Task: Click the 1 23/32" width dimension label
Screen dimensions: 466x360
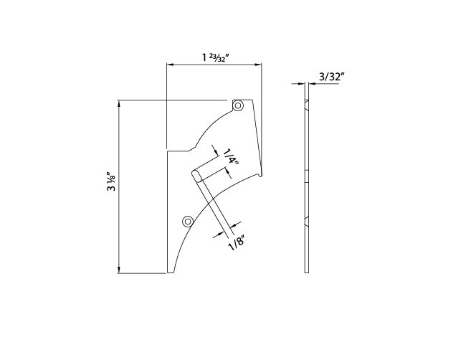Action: (x=215, y=57)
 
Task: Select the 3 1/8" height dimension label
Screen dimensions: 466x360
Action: (x=111, y=181)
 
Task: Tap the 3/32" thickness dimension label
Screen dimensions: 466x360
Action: (x=332, y=77)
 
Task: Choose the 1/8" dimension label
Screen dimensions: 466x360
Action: (x=237, y=243)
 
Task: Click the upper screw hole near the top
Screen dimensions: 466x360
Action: (x=237, y=105)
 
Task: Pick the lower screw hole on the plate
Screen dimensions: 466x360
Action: (x=188, y=221)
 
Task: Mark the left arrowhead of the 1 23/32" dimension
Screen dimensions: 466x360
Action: (x=170, y=65)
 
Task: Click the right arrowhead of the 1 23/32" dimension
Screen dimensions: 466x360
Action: (x=258, y=65)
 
